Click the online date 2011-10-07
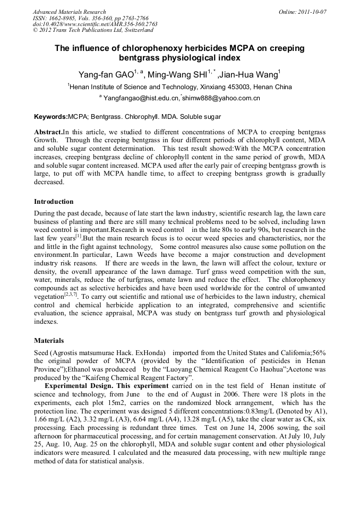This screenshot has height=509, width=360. (x=310, y=11)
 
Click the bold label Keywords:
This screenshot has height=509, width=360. (x=51, y=116)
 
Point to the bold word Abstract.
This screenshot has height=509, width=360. (x=48, y=131)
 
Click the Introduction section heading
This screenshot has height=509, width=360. (x=54, y=202)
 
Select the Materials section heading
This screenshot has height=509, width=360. (x=49, y=340)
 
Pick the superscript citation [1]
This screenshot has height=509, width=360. (x=78, y=236)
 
